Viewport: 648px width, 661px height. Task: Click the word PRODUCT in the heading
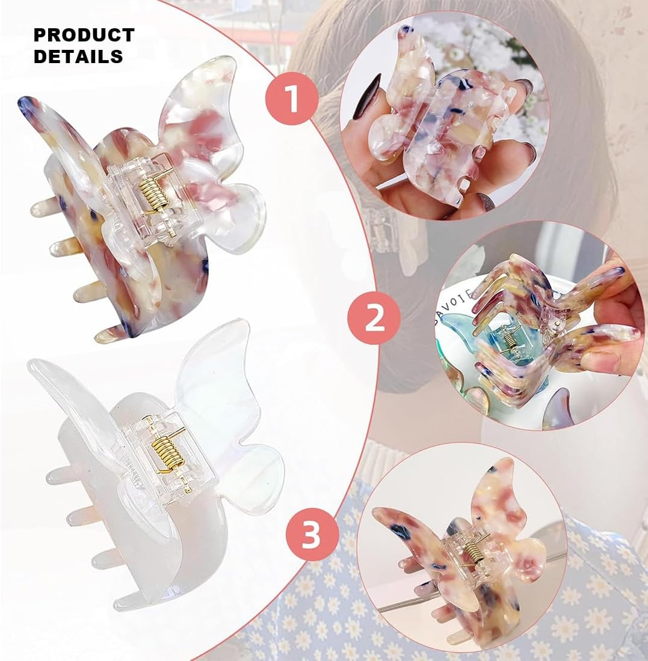pos(84,35)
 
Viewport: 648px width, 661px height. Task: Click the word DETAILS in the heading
pos(78,56)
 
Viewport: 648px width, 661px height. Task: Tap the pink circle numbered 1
pos(292,99)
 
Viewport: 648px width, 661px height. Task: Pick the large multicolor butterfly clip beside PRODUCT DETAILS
pos(144,198)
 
